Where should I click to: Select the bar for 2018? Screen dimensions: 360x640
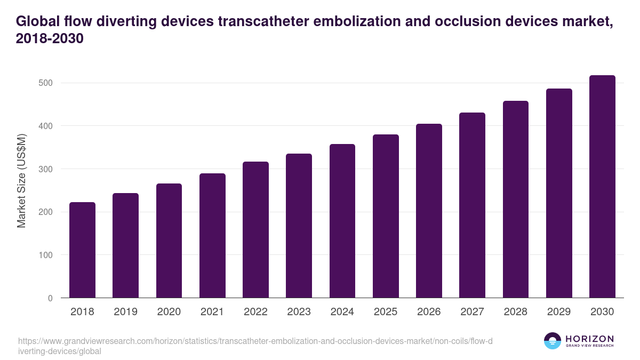pos(82,250)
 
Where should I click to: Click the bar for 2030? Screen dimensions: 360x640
pos(602,187)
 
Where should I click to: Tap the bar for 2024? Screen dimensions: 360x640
pos(342,221)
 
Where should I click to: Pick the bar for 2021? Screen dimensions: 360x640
pos(212,236)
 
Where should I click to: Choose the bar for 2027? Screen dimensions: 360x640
pos(472,205)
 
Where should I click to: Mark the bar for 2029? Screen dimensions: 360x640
pos(559,193)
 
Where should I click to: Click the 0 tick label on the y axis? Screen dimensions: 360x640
pos(50,298)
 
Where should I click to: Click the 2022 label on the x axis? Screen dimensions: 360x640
pos(255,312)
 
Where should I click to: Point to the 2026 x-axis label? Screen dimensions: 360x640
pos(429,312)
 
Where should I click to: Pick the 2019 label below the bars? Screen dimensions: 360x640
pos(125,312)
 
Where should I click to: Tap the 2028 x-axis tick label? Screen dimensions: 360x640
pos(515,312)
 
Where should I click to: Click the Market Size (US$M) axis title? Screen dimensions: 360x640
pos(22,180)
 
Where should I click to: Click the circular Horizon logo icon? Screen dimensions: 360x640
pos(553,341)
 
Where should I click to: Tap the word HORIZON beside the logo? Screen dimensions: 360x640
pos(589,339)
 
